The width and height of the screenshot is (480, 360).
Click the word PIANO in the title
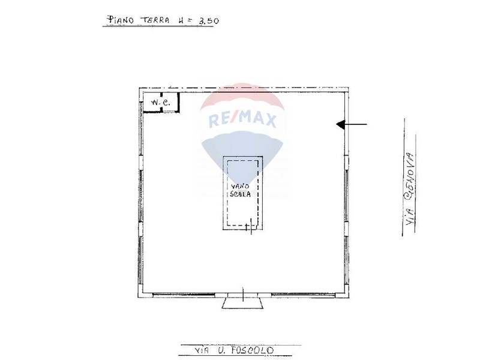[119, 20]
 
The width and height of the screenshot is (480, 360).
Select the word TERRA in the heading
[155, 20]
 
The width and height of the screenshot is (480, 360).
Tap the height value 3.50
[208, 21]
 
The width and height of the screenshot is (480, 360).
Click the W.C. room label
[160, 103]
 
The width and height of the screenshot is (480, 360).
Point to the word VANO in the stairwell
[241, 186]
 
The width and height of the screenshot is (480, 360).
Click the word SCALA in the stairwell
[241, 194]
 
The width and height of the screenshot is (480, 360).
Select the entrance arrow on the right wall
[352, 124]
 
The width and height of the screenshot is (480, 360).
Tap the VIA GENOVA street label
[410, 189]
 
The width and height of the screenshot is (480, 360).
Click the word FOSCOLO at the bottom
[252, 350]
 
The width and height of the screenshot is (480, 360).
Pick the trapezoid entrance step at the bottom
[242, 303]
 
